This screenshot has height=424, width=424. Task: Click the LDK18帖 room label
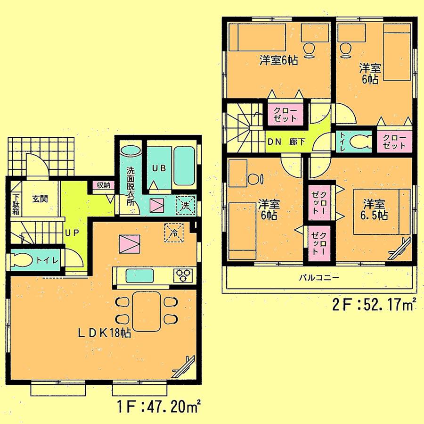[x=104, y=333]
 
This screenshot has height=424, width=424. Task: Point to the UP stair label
[x=71, y=233]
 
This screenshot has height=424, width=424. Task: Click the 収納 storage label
[x=103, y=185]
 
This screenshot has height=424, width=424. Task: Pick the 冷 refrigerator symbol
[x=172, y=232]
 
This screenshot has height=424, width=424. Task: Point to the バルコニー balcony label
[x=318, y=277]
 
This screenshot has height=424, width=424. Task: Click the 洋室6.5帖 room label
[x=375, y=210]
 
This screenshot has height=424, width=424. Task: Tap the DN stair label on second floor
[x=275, y=141]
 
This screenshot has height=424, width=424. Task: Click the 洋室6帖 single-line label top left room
[x=279, y=60]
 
